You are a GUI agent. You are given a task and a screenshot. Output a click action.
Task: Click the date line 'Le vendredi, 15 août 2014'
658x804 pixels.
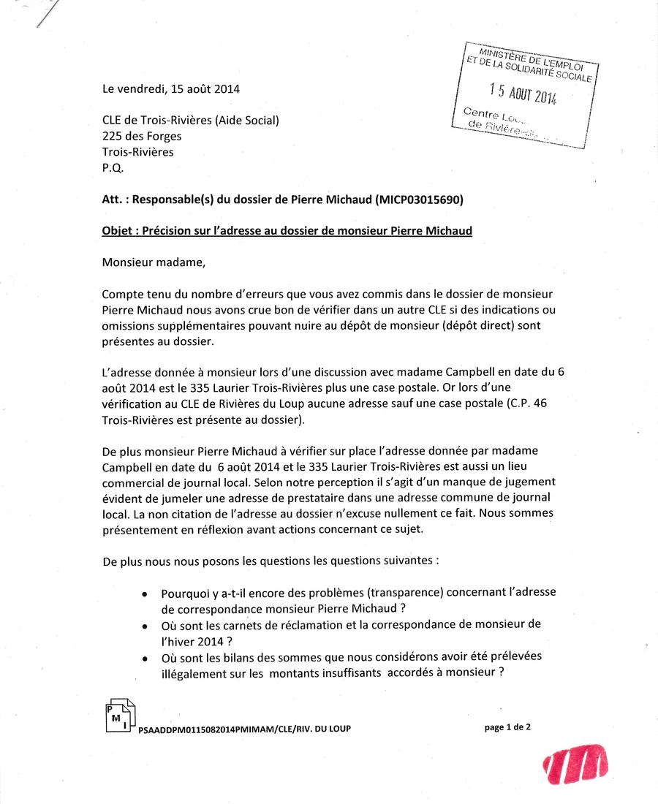[x=170, y=89]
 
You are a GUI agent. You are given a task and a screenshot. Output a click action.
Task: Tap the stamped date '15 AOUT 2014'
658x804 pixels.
[x=523, y=93]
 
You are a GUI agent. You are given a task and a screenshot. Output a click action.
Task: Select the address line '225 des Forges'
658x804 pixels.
[x=142, y=136]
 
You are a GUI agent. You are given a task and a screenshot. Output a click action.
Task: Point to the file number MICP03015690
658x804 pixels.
[x=420, y=199]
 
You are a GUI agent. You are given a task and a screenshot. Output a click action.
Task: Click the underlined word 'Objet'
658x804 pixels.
[x=118, y=231]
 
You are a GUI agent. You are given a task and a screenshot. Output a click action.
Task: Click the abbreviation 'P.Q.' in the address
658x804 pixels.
[x=113, y=168]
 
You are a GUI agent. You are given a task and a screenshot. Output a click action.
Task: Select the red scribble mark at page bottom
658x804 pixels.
[x=576, y=764]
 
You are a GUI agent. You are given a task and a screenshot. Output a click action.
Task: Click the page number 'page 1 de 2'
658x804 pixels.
[x=507, y=727]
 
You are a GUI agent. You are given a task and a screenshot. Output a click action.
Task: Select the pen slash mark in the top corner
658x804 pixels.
[x=46, y=15]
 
